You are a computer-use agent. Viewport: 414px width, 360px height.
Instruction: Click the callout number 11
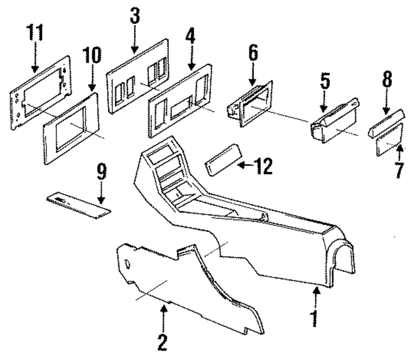[x=35, y=34]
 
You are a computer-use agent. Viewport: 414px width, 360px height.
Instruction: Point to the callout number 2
[x=163, y=342]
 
